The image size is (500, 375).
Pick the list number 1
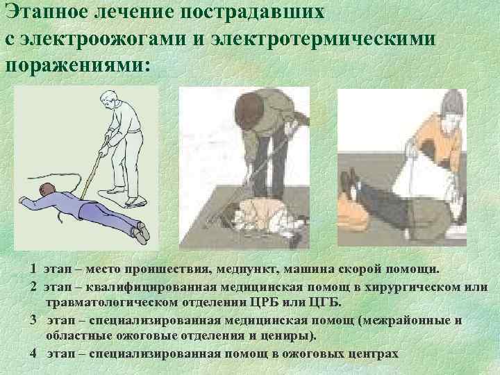pyautogui.click(x=33, y=269)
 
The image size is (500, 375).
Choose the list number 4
pyautogui.click(x=33, y=353)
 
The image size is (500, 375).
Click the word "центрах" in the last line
pyautogui.click(x=372, y=353)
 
